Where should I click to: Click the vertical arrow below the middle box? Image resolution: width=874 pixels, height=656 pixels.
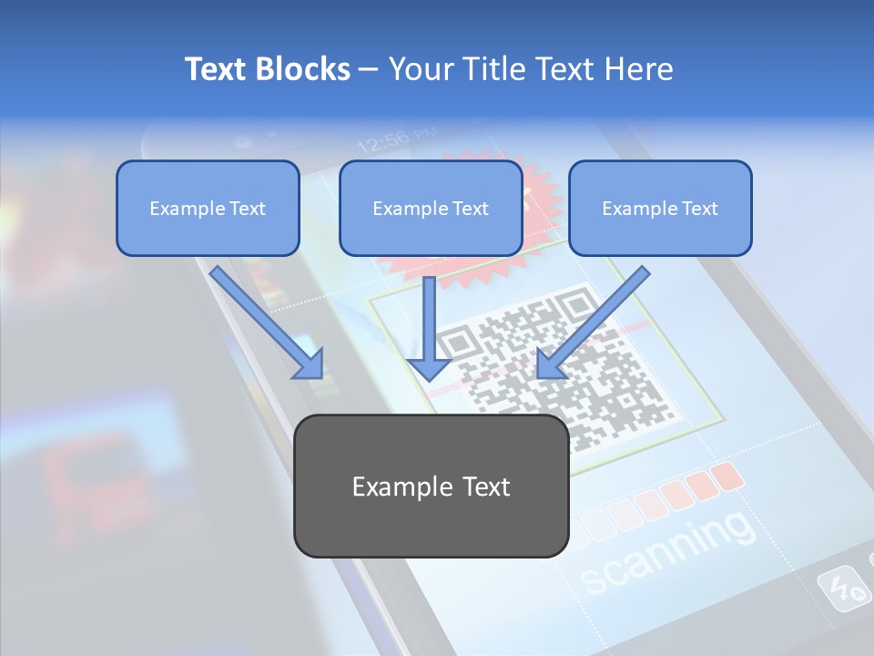pyautogui.click(x=428, y=328)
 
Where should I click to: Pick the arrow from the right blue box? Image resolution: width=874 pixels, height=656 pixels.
pyautogui.click(x=592, y=323)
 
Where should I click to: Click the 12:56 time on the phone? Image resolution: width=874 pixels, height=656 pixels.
pyautogui.click(x=381, y=142)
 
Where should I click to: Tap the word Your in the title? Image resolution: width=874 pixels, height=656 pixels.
pyautogui.click(x=420, y=69)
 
